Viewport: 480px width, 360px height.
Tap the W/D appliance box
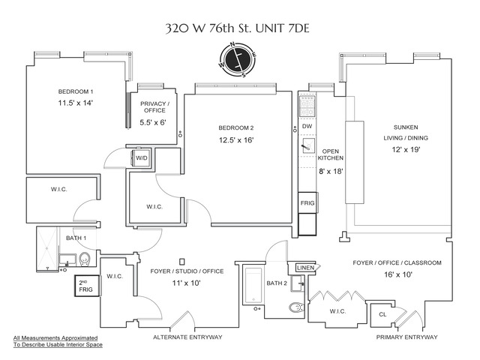(142, 158)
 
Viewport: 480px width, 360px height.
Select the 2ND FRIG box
(84, 285)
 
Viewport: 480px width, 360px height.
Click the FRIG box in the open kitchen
(307, 203)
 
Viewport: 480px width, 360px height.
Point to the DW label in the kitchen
(307, 127)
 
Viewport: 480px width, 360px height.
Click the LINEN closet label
(304, 268)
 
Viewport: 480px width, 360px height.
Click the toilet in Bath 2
(295, 307)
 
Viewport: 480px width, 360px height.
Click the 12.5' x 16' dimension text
(236, 139)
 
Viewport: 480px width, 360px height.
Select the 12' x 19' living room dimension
(405, 149)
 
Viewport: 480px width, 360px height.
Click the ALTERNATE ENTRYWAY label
(187, 337)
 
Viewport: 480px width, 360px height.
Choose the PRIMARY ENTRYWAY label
(406, 337)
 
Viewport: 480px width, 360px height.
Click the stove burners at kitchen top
(307, 104)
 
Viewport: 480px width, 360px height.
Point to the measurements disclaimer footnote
(58, 341)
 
